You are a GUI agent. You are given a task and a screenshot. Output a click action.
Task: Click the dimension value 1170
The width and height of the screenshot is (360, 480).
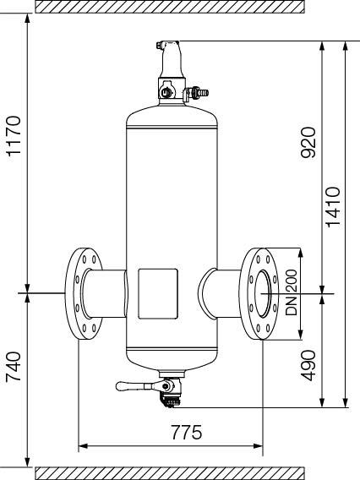pyautogui.click(x=14, y=136)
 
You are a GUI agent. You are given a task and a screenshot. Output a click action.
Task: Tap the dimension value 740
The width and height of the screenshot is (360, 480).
pyautogui.click(x=14, y=367)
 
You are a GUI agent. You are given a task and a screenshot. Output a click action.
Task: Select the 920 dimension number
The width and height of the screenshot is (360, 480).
pyautogui.click(x=308, y=142)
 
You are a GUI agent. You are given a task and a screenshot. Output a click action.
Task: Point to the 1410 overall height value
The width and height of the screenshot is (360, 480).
pyautogui.click(x=333, y=207)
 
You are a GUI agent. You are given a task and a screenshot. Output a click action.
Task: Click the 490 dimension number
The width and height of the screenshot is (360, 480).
pyautogui.click(x=308, y=365)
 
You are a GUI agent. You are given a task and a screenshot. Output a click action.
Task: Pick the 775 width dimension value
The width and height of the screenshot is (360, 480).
pyautogui.click(x=187, y=432)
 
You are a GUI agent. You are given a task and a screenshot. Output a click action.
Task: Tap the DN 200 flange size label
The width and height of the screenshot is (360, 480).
pyautogui.click(x=291, y=292)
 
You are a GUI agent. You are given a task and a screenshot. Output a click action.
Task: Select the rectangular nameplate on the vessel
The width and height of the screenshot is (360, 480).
pyautogui.click(x=158, y=293)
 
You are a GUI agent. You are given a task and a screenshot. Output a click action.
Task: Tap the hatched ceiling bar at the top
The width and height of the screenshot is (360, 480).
pyautogui.click(x=170, y=7)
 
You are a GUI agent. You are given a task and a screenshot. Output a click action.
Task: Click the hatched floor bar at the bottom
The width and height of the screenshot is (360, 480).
pyautogui.click(x=170, y=473)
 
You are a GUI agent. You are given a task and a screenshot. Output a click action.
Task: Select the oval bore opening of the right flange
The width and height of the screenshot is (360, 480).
pyautogui.click(x=264, y=293)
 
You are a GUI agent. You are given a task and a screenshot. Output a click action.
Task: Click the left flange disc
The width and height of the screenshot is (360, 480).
pyautogui.click(x=84, y=293)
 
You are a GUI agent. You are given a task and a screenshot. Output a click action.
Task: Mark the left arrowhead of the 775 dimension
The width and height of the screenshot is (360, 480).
pyautogui.click(x=83, y=446)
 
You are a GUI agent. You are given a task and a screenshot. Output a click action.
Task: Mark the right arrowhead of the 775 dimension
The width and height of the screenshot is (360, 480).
pyautogui.click(x=258, y=446)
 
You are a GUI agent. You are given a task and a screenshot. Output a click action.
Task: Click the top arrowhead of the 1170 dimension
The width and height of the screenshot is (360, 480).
pyautogui.click(x=28, y=19)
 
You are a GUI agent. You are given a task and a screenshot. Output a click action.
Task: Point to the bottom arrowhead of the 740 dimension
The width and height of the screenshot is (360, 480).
pyautogui.click(x=28, y=462)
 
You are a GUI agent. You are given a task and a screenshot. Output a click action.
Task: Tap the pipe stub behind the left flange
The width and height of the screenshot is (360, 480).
pyautogui.click(x=104, y=293)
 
